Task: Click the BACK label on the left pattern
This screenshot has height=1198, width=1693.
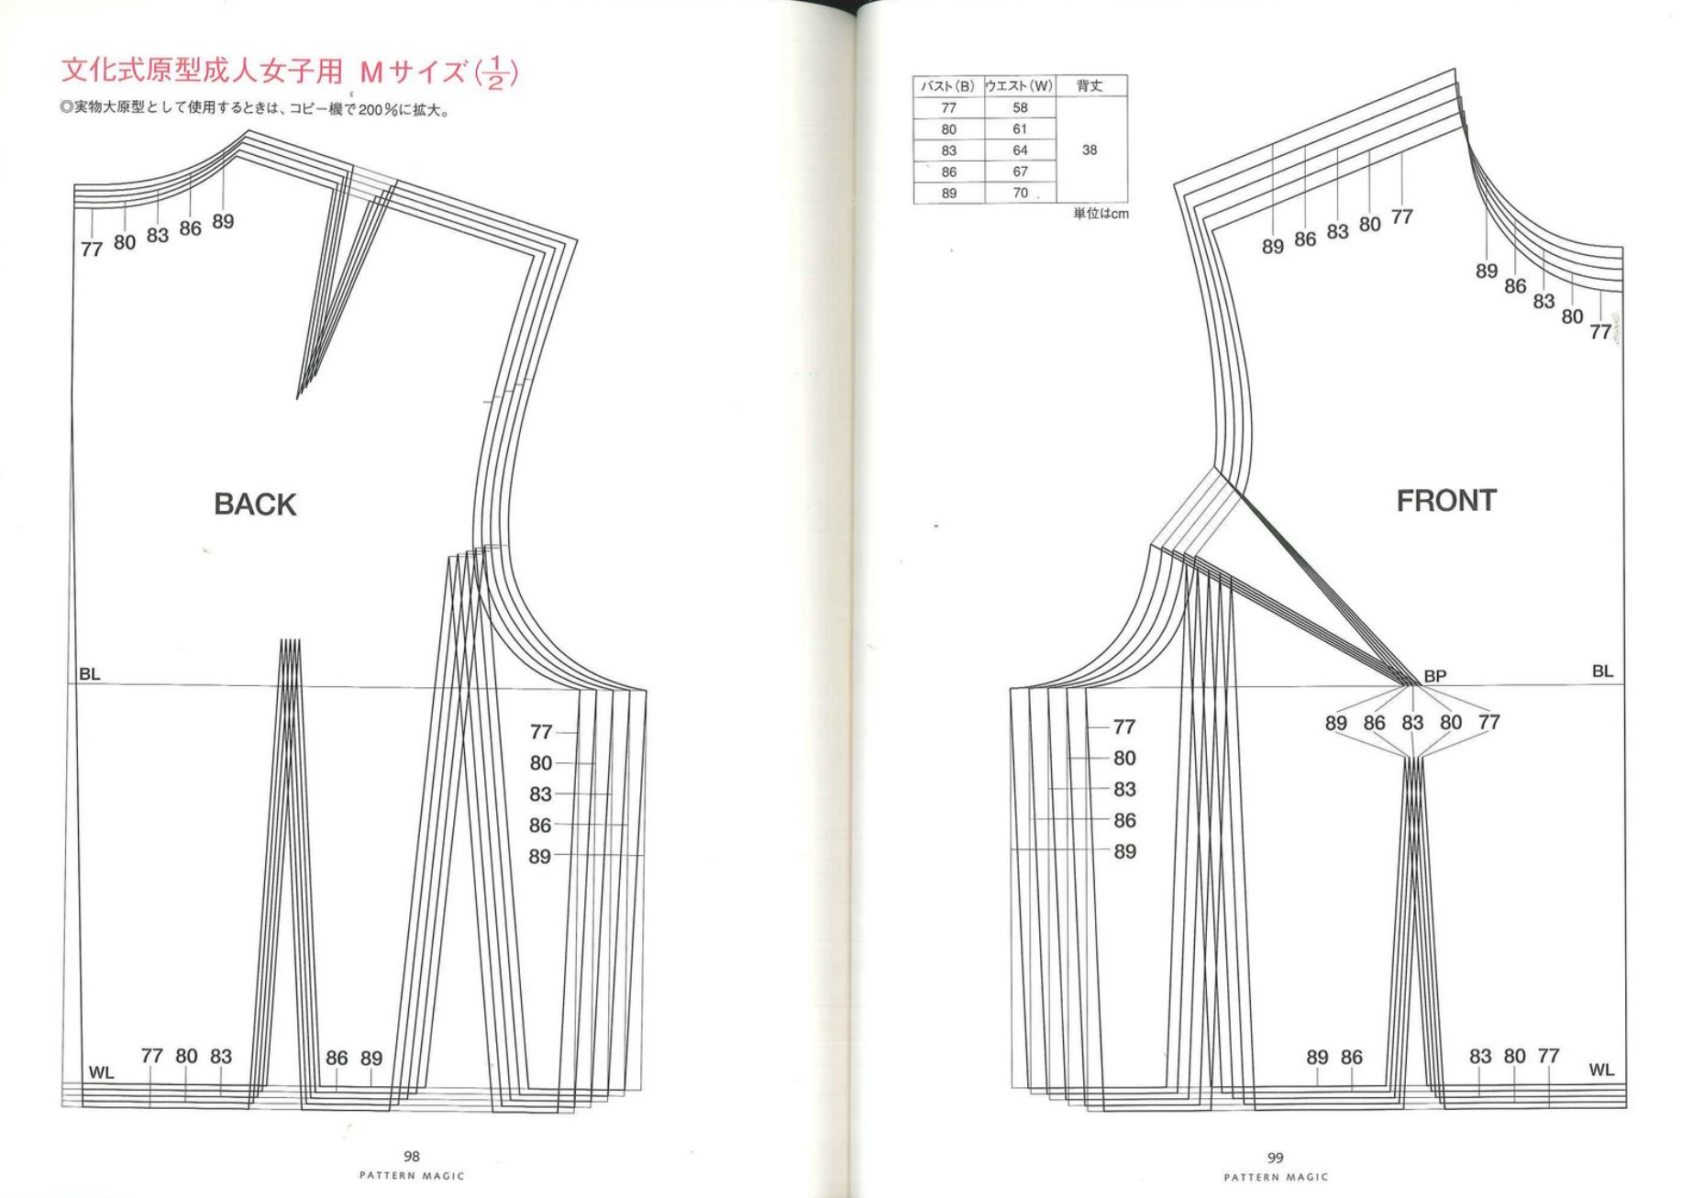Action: click(x=255, y=505)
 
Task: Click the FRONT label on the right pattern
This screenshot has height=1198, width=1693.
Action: click(x=1446, y=501)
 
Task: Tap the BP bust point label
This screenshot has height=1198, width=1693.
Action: click(x=1435, y=676)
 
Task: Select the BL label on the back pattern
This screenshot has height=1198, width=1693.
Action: click(x=90, y=674)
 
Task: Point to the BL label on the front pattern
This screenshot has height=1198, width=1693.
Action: click(x=1602, y=671)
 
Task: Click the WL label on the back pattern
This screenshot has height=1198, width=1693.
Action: click(x=101, y=1072)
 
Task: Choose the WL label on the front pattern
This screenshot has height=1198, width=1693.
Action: click(x=1601, y=1070)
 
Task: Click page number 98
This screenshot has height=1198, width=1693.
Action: click(x=412, y=1157)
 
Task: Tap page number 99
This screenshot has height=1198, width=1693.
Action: click(x=1276, y=1158)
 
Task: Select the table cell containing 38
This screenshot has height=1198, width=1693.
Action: click(x=1090, y=150)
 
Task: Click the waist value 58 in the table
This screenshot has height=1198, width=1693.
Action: click(x=1020, y=107)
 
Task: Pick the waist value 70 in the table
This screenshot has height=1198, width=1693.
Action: click(x=1020, y=193)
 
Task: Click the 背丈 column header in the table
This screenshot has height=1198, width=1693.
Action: click(x=1090, y=85)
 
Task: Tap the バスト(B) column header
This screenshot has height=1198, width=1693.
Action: click(x=948, y=86)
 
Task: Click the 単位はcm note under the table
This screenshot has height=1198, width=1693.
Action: click(x=1101, y=214)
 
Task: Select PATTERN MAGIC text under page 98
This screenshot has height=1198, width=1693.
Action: click(x=412, y=1176)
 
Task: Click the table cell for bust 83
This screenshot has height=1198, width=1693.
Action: click(x=948, y=150)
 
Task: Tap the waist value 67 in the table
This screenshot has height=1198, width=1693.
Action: click(x=1020, y=172)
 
